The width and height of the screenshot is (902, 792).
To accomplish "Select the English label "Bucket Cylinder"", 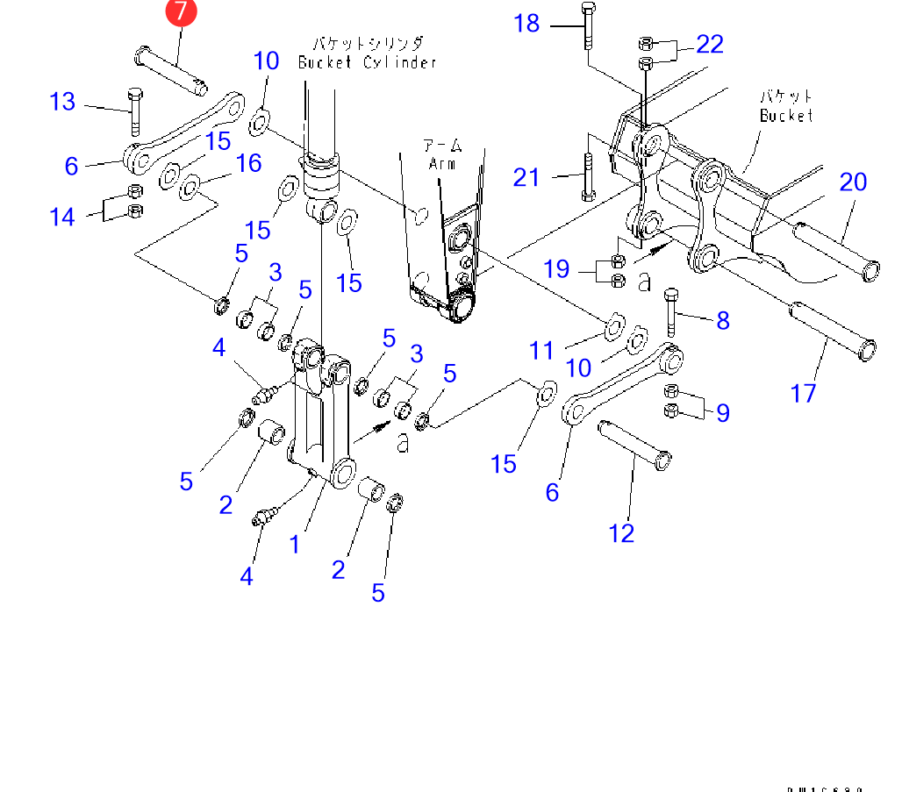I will pyautogui.click(x=366, y=62).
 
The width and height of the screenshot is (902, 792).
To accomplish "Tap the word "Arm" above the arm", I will pyautogui.click(x=444, y=163).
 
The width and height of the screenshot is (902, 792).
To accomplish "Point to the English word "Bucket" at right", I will pyautogui.click(x=786, y=116).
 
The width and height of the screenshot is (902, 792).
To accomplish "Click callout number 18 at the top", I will pyautogui.click(x=526, y=23).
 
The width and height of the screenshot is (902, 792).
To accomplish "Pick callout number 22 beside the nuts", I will pyautogui.click(x=709, y=44).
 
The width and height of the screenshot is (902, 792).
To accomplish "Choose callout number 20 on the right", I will pyautogui.click(x=852, y=182).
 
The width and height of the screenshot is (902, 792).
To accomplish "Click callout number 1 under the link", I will pyautogui.click(x=295, y=544).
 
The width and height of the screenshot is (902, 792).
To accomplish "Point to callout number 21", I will pyautogui.click(x=526, y=177).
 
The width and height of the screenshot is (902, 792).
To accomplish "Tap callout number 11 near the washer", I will pyautogui.click(x=541, y=351).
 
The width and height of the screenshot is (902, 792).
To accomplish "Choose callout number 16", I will pyautogui.click(x=249, y=163).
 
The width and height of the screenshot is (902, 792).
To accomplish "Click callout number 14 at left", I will pyautogui.click(x=62, y=216).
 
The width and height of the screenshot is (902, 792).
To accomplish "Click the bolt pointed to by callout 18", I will pyautogui.click(x=587, y=27).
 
